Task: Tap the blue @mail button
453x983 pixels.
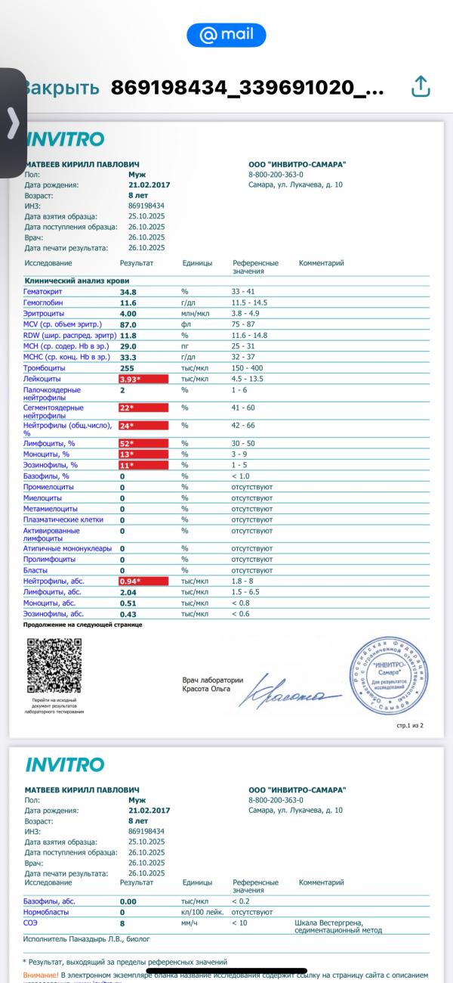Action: [x=226, y=35]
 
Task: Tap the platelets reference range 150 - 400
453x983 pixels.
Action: [x=248, y=367]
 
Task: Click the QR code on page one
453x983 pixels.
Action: [x=54, y=665]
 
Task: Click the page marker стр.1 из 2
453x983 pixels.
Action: [x=409, y=725]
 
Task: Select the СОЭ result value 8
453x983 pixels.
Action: [x=122, y=923]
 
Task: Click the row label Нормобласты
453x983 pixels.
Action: [x=47, y=913]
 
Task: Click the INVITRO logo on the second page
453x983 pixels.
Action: [x=65, y=764]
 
